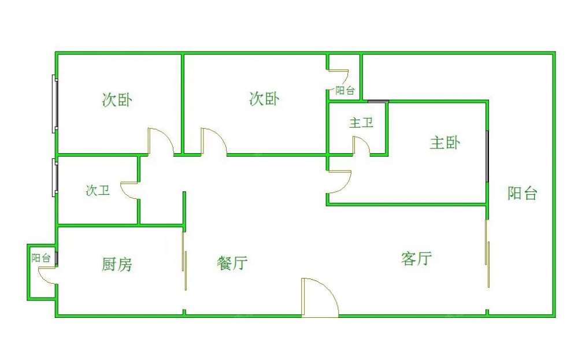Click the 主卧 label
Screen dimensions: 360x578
click(444, 143)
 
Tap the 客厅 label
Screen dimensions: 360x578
click(416, 258)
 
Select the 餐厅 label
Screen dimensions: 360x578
click(232, 263)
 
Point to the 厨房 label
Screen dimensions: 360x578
click(117, 265)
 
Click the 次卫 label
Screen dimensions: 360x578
click(98, 191)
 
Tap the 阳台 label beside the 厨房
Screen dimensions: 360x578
click(41, 258)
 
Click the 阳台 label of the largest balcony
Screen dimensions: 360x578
click(523, 194)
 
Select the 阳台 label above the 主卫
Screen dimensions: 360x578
click(345, 91)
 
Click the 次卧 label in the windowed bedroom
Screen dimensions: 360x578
click(117, 100)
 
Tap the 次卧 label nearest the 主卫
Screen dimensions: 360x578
click(264, 99)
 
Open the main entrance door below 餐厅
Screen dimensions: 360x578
click(320, 298)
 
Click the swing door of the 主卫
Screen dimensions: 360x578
click(362, 145)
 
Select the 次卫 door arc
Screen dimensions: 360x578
click(130, 191)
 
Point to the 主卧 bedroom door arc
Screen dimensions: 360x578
click(339, 182)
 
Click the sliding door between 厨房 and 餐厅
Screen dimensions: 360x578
click(184, 261)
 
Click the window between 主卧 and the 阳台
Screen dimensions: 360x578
click(487, 156)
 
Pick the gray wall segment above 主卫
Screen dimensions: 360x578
click(378, 102)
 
